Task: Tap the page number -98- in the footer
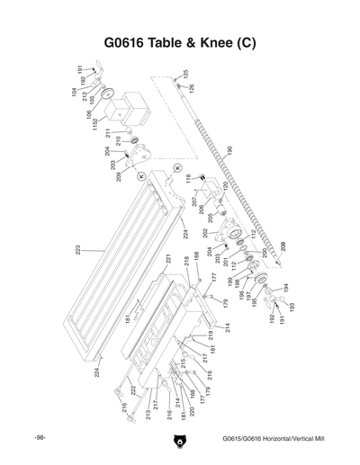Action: pos(40,438)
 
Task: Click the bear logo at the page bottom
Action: pos(180,441)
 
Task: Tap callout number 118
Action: pos(189,180)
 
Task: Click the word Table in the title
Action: pos(165,42)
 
